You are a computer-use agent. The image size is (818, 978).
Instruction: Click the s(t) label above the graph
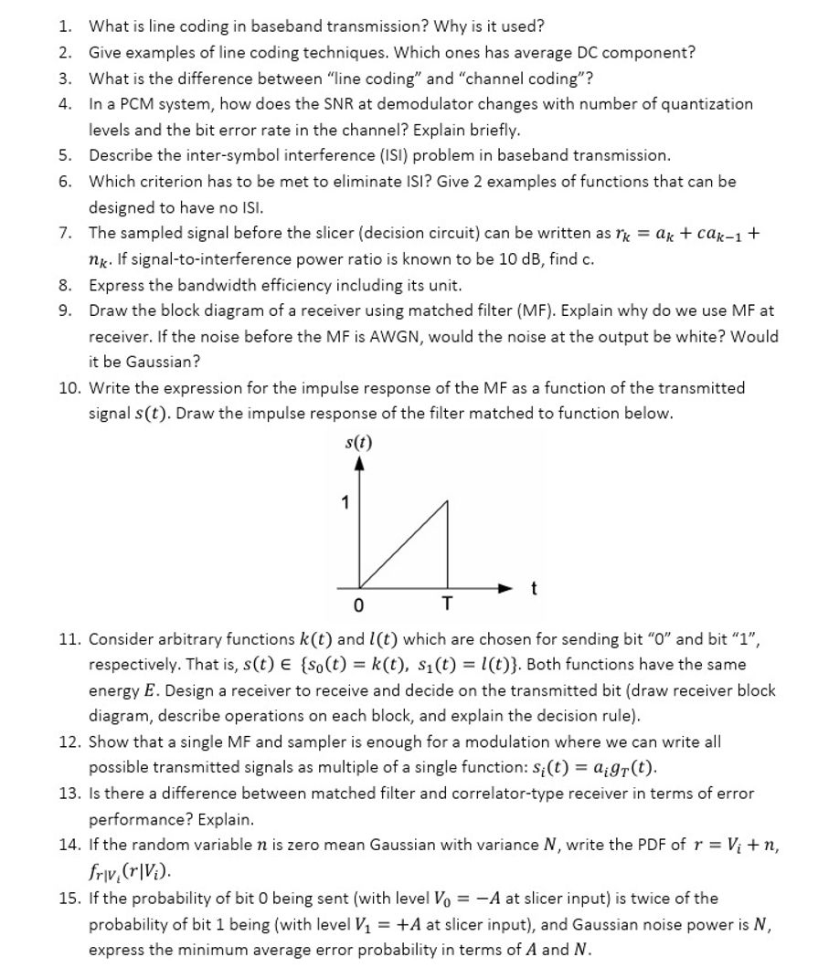359,445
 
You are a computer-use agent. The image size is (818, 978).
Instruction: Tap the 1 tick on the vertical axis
345,501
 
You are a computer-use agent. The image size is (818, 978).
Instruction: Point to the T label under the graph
446,605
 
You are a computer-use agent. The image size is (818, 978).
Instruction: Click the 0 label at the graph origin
359,605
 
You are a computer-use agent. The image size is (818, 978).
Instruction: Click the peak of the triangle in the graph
447,501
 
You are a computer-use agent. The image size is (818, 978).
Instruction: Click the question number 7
66,233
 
